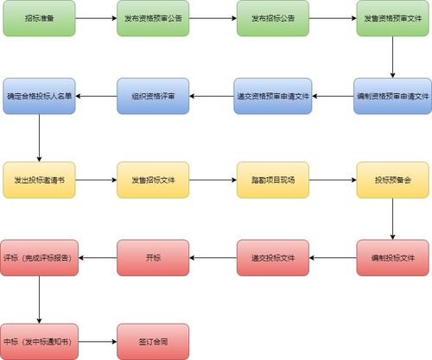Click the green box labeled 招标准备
(x=40, y=17)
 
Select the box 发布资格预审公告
(x=153, y=17)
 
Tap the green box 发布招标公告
(x=272, y=17)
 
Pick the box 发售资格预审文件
(x=392, y=17)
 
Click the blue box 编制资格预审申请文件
(x=392, y=96)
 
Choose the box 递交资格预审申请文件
(x=272, y=96)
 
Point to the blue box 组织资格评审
(x=153, y=96)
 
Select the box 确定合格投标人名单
(x=40, y=96)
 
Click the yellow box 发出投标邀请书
(x=40, y=180)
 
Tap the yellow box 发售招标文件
(x=153, y=180)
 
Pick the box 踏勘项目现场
(x=272, y=180)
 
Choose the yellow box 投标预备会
(x=392, y=180)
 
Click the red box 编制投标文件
(x=392, y=257)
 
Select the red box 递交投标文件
(x=272, y=257)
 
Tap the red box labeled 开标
(x=153, y=257)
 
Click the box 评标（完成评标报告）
(x=40, y=257)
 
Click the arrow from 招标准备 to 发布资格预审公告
(x=96, y=17)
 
